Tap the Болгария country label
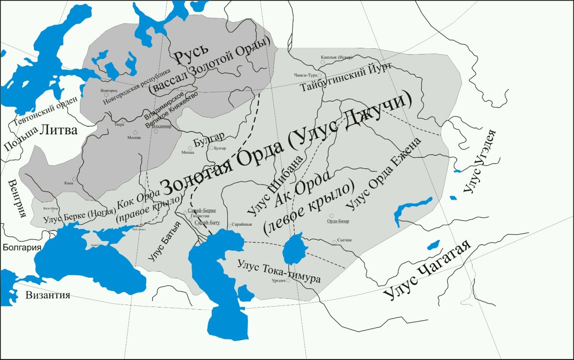click(x=22, y=247)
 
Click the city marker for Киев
click(x=74, y=179)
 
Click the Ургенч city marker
click(x=288, y=281)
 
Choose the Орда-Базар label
click(x=338, y=221)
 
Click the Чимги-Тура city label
click(x=304, y=76)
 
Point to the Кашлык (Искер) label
click(x=338, y=57)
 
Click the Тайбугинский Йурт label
click(x=345, y=77)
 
